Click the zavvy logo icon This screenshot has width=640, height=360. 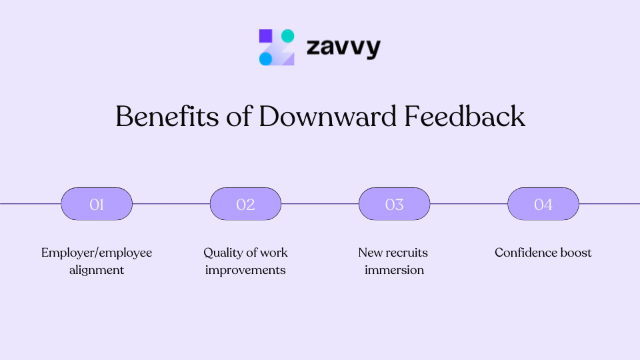tap(277, 47)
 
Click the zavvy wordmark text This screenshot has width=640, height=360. tap(343, 48)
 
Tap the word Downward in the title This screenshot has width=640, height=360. tap(328, 117)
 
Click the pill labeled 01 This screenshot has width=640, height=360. tap(97, 204)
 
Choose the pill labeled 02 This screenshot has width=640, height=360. tap(245, 204)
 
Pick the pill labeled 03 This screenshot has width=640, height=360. tap(394, 204)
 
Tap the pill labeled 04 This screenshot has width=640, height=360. tap(543, 204)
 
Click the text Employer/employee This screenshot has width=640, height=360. tap(97, 253)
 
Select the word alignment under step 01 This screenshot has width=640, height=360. tap(97, 270)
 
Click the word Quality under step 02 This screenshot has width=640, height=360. tap(223, 253)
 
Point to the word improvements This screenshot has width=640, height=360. tap(245, 270)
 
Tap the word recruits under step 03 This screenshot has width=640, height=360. tap(407, 253)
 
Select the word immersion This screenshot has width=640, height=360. tap(394, 270)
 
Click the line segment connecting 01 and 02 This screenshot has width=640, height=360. tap(171, 204)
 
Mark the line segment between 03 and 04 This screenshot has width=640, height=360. tap(469, 204)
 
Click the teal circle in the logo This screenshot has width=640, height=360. tap(287, 36)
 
